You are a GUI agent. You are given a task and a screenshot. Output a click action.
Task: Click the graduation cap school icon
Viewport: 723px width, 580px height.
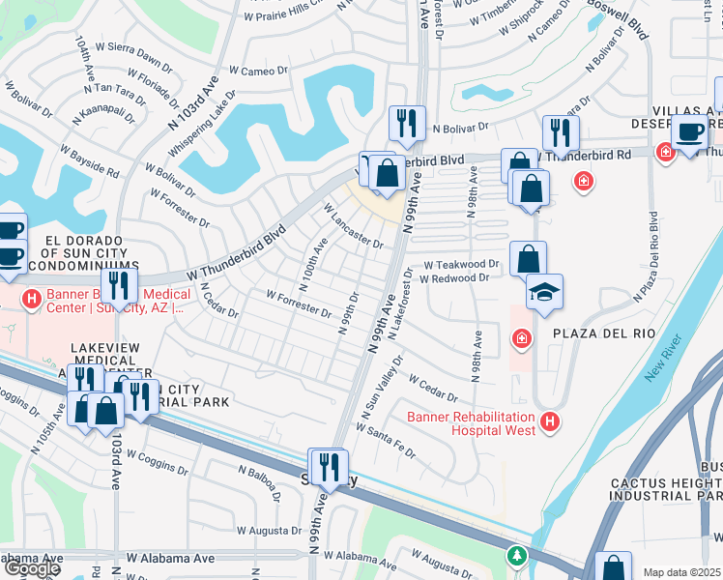544,292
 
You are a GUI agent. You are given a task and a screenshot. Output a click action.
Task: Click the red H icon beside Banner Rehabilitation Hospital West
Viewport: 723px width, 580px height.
550,421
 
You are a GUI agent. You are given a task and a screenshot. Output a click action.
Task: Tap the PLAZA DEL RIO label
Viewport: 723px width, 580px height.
604,333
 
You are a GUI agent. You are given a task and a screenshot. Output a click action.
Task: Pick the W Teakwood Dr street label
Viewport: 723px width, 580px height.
466,263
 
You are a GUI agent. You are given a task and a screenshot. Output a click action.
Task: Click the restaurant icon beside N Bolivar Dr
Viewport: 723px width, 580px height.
405,123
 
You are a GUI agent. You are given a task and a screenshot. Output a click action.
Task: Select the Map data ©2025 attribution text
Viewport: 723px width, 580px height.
682,572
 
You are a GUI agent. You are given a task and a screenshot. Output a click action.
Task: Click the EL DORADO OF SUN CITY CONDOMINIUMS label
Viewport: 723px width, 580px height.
76,251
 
